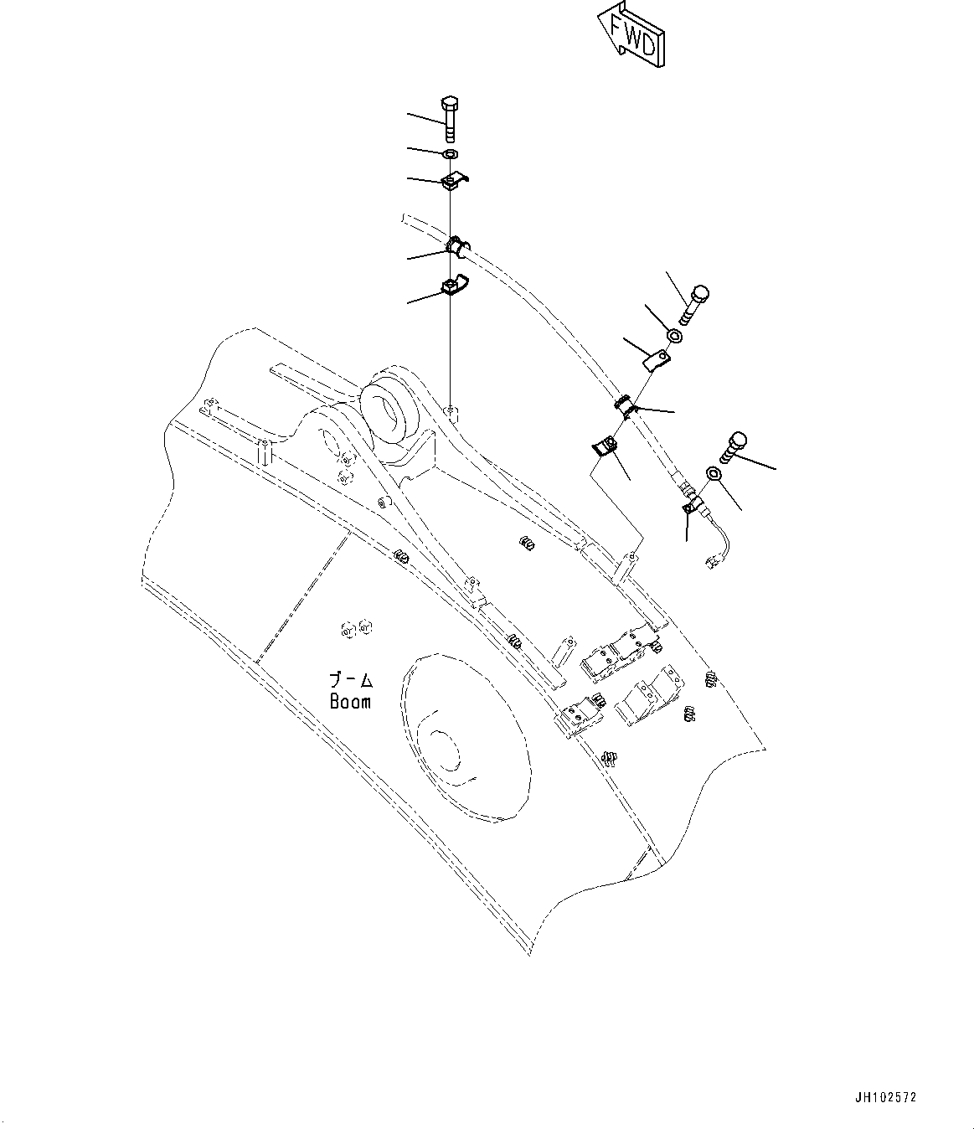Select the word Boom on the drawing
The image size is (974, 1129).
pos(350,701)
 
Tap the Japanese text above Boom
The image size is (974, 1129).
pos(351,680)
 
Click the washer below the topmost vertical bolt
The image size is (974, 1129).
pos(450,154)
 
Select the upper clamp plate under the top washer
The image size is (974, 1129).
pos(453,183)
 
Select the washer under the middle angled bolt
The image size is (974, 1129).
pos(674,337)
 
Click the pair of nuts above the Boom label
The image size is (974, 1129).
pos(356,627)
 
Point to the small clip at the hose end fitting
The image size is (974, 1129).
pos(692,506)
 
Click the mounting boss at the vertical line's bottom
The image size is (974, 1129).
pos(451,410)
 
